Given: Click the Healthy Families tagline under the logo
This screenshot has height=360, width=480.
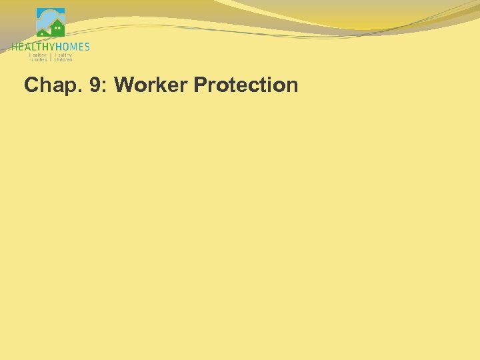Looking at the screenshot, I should [x=37, y=57].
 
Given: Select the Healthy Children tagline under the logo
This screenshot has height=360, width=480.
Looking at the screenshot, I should [x=63, y=57].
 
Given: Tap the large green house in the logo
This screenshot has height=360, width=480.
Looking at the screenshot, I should [x=57, y=28].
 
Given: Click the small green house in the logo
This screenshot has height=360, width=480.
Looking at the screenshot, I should [x=43, y=31].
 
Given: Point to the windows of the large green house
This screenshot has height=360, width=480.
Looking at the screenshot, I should [x=58, y=29].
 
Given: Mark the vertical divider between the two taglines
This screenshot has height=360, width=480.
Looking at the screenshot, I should [x=51, y=57].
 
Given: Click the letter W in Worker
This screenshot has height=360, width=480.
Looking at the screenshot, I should [x=124, y=85].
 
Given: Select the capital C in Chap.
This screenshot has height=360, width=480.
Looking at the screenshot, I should [x=31, y=85].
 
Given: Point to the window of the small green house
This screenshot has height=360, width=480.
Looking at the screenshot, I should [x=43, y=32].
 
